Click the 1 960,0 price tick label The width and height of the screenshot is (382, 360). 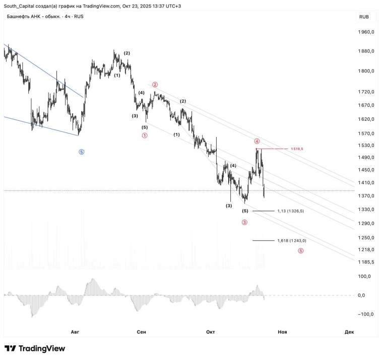click(x=366, y=32)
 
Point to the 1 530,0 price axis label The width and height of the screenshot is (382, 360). click(x=366, y=146)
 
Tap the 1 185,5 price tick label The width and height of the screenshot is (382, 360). click(x=366, y=262)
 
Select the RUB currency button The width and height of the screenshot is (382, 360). click(x=364, y=17)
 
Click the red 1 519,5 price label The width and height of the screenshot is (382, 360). click(x=297, y=149)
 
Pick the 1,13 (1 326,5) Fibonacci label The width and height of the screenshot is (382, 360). click(x=291, y=211)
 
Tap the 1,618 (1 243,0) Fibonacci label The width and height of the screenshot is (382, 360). click(x=292, y=241)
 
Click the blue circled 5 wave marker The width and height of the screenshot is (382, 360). click(x=82, y=152)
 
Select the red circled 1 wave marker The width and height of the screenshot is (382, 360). click(x=145, y=136)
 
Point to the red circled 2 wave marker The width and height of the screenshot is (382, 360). click(x=155, y=85)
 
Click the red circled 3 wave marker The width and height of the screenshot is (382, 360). click(x=244, y=222)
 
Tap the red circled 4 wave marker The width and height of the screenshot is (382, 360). click(x=257, y=141)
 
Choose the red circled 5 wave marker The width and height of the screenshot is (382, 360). click(x=301, y=251)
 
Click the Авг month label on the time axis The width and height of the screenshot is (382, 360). click(x=75, y=332)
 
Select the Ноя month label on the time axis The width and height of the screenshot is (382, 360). click(x=282, y=332)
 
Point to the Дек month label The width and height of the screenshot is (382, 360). click(x=349, y=332)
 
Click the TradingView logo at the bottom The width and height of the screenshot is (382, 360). click(x=35, y=348)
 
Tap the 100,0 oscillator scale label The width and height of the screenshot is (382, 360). click(x=365, y=276)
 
